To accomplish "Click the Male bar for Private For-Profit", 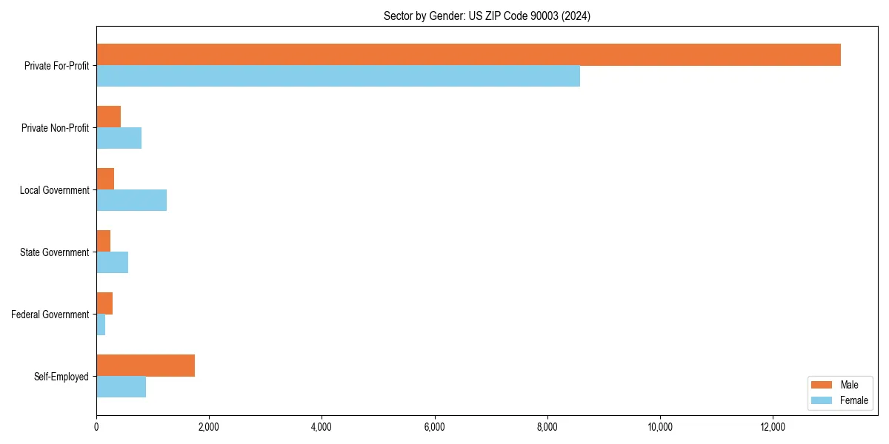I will coord(468,55).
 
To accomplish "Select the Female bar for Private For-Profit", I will coord(338,76).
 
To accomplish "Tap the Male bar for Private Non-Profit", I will coord(109,117).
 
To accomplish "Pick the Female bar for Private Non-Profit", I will coord(119,138).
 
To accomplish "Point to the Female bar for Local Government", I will coord(131,201).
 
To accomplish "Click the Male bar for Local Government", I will coord(105,179).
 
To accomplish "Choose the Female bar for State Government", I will coord(112,263).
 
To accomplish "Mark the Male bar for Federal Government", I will coord(104,303).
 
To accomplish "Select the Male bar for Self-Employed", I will coord(145,366).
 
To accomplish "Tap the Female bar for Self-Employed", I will coord(121,387).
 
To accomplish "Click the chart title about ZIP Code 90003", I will coord(487,16).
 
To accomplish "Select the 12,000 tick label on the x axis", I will coord(773,426).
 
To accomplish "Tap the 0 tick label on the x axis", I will coord(96,426).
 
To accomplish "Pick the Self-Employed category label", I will coord(61,377).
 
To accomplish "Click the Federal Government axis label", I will coord(50,314).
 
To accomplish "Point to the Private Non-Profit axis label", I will coord(55,128).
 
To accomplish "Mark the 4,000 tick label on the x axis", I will coord(322,426).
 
